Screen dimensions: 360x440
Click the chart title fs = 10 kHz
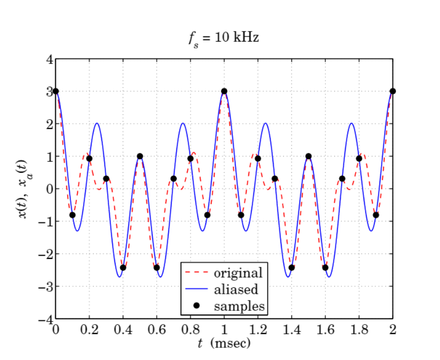[224, 38]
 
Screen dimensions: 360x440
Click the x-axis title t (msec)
[224, 343]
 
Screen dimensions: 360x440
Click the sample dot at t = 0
[56, 91]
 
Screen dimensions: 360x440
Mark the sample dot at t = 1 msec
[224, 91]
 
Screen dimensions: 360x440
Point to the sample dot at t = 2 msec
[393, 91]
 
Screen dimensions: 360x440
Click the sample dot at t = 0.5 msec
[140, 156]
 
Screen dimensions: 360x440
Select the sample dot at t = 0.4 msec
[123, 267]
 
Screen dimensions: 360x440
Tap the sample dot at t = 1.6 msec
[325, 267]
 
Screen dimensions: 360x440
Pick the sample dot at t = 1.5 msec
[308, 156]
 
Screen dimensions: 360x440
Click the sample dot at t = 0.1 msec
[73, 215]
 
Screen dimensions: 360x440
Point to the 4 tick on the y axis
[49, 59]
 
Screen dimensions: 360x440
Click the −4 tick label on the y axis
[46, 319]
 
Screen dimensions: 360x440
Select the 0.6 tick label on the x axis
[157, 329]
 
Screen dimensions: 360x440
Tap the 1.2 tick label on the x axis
[258, 329]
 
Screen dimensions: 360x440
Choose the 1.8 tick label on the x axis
[359, 329]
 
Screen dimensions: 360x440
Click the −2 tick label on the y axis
[46, 254]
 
